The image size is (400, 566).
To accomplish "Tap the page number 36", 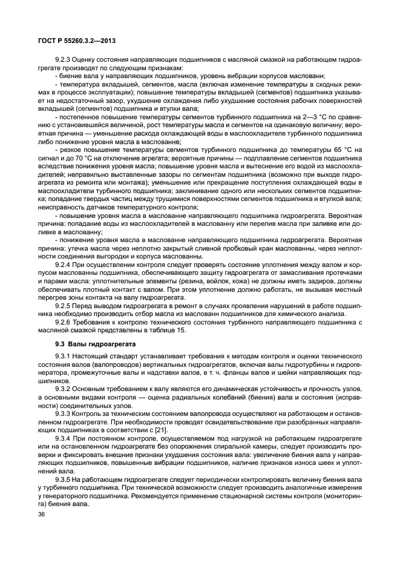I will (42, 516).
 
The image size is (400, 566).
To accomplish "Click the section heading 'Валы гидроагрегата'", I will (99, 344).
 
